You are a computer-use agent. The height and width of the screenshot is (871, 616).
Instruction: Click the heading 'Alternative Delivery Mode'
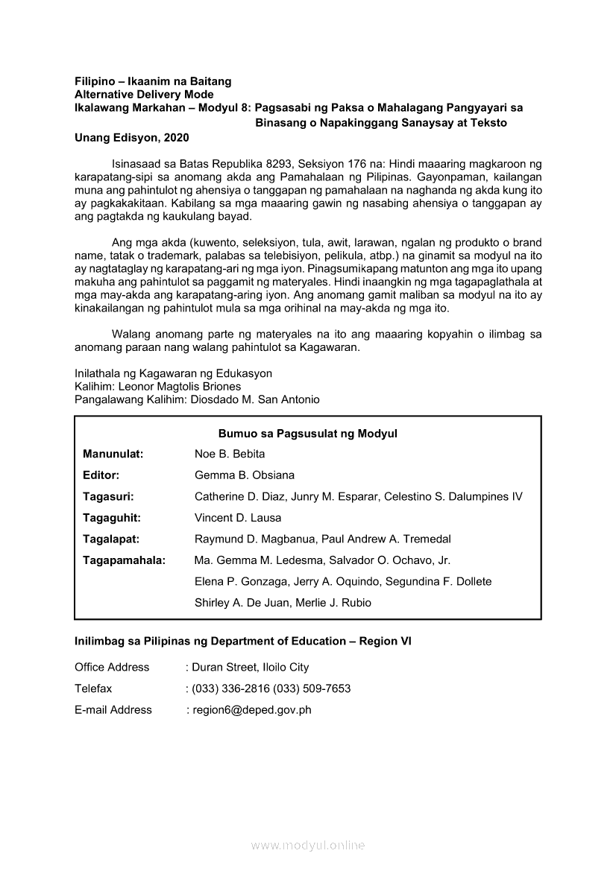coord(144,95)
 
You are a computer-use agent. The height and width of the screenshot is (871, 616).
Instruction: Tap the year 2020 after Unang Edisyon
coord(175,137)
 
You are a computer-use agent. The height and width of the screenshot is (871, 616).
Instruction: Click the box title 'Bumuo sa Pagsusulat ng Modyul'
coord(308,433)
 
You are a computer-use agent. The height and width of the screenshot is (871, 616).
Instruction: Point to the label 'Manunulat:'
coord(113,454)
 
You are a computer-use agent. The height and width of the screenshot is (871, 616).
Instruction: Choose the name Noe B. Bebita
coord(230,454)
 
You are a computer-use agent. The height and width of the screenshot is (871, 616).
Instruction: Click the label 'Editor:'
coord(101,475)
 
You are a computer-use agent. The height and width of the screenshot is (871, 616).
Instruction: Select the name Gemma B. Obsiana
coord(245,475)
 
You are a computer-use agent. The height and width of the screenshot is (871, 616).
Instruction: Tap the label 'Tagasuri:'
coord(109,496)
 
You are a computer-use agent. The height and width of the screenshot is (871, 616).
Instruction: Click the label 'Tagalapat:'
coord(112,539)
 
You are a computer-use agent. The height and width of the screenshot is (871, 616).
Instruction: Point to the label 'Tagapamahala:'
coord(124,560)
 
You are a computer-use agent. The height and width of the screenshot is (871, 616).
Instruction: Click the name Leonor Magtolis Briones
coord(180,387)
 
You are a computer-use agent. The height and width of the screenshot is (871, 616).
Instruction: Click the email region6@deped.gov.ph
coord(252,710)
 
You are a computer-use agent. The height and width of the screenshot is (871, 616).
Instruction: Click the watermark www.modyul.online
coord(308,846)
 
